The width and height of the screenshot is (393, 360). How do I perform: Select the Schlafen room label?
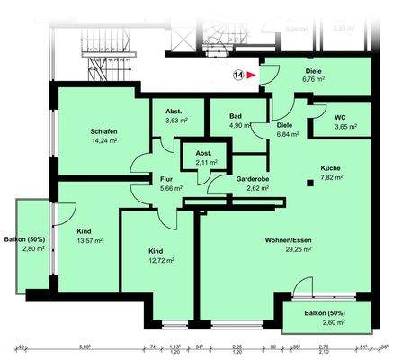81,130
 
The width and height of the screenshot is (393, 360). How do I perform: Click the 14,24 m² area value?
81,141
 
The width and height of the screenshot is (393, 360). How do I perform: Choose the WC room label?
340,116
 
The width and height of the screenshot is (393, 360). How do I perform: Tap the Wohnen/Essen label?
288,240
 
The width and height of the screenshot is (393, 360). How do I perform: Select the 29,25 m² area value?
288,251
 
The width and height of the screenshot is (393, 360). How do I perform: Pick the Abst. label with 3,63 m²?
176,110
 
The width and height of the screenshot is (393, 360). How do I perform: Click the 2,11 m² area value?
204,163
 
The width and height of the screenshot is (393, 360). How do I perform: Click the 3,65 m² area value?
340,127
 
